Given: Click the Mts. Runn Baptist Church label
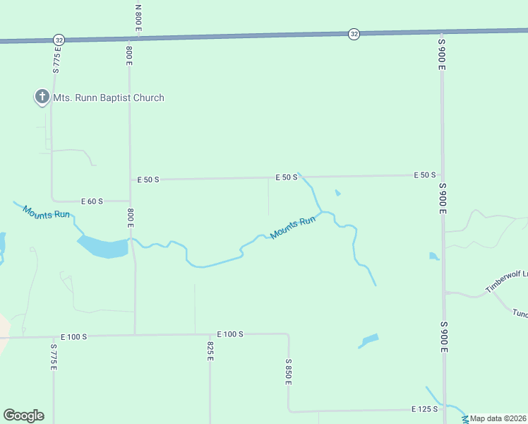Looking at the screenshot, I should pos(109,98).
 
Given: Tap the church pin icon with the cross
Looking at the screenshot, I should pos(42,97).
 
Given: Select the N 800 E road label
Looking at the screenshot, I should pos(138,18).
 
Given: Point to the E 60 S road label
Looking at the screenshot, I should pos(92,201).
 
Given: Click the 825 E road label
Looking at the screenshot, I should pos(210,351).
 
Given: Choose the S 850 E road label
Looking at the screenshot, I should pos(288,371).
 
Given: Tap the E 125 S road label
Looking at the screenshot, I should pos(425,409).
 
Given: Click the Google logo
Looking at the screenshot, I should pos(23,416).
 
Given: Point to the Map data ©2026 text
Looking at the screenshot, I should pos(498,418).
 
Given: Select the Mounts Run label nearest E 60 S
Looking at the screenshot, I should pos(46,212).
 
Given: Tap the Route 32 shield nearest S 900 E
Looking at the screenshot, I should pos(354,34).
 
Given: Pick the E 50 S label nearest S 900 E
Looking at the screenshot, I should pos(425,175).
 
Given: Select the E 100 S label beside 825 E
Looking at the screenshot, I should pos(230,334).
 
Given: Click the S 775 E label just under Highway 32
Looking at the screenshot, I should pos(56,60).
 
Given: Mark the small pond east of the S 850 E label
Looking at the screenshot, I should pos(368,341).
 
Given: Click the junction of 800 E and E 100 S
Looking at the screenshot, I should pos(135,335).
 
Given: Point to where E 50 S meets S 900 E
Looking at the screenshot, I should pos(442,175).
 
